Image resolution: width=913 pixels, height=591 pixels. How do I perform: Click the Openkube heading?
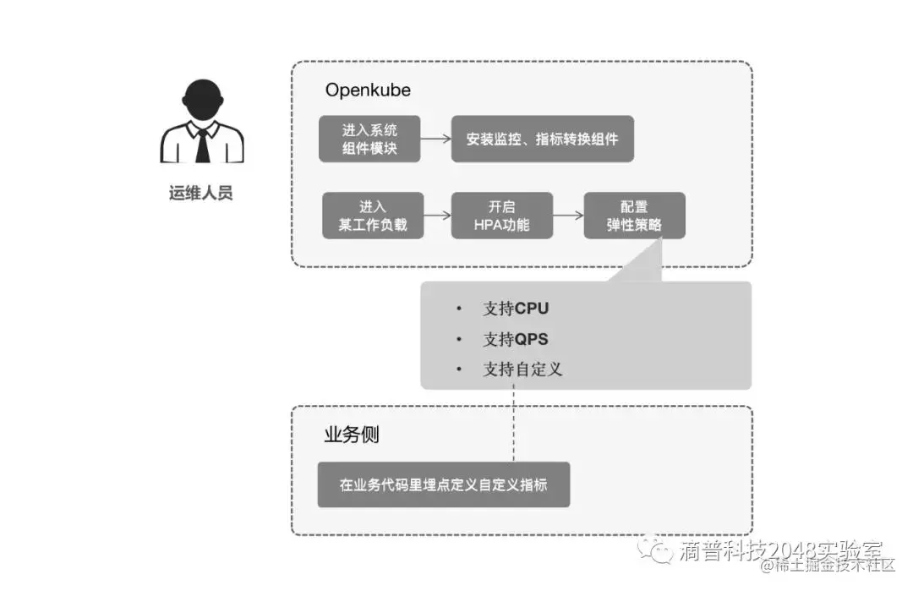(368, 90)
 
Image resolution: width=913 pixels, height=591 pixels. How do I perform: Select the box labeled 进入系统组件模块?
(369, 139)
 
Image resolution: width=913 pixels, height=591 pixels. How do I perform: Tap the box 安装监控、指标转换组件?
(542, 139)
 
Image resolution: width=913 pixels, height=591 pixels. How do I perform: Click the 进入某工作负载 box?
(373, 216)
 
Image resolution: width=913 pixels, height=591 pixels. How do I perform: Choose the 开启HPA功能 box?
(501, 216)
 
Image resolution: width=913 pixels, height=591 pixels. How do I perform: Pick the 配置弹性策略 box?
(634, 216)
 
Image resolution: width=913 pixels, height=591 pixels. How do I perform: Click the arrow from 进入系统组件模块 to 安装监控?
(435, 139)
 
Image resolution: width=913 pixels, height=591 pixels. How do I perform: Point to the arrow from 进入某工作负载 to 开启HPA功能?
(437, 216)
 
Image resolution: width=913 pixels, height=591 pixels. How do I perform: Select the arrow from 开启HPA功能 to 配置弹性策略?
(568, 216)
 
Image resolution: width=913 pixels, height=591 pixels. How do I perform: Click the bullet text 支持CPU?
(516, 309)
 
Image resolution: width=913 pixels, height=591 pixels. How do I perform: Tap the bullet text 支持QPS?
(515, 339)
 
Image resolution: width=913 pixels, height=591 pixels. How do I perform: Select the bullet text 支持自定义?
(522, 369)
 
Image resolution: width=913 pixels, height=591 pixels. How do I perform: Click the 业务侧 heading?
(352, 435)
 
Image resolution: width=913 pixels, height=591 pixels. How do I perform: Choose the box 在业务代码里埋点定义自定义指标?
(443, 484)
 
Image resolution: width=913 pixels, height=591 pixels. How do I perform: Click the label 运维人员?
(201, 193)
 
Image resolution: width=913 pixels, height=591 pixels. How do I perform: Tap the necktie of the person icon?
(203, 145)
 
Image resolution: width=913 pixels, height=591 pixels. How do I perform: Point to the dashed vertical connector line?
(513, 423)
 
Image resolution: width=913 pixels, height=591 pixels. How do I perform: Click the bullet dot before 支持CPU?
(459, 309)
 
